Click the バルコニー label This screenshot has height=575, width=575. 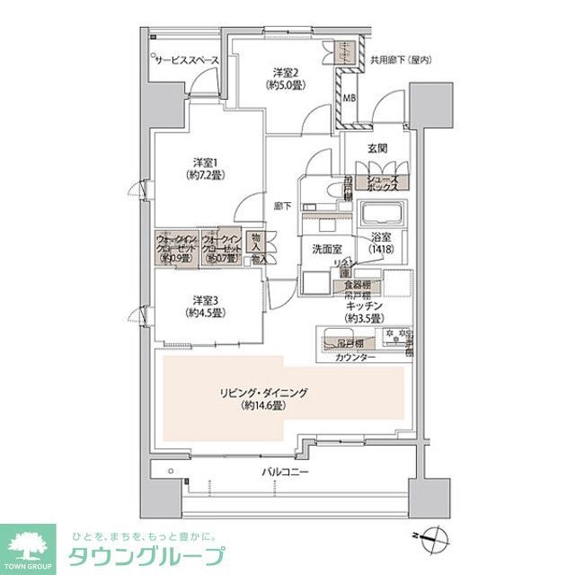pyautogui.click(x=280, y=471)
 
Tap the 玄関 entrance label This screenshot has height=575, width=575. pyautogui.click(x=377, y=147)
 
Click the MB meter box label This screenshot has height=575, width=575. pyautogui.click(x=348, y=100)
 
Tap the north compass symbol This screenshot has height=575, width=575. pyautogui.click(x=437, y=538)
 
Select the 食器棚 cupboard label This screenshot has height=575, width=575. pyautogui.click(x=358, y=285)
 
